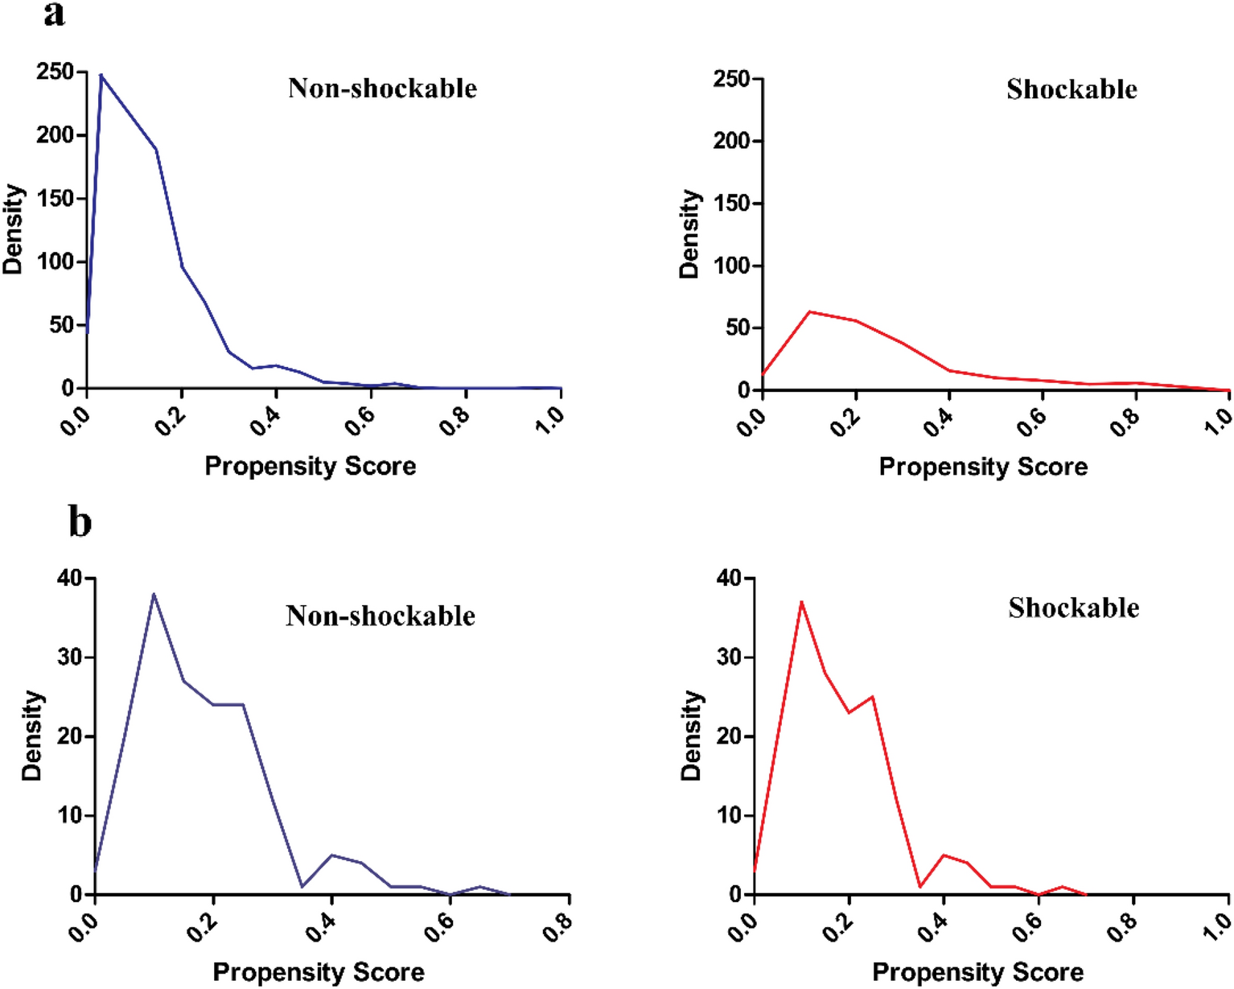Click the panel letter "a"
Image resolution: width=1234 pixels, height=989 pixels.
(x=54, y=14)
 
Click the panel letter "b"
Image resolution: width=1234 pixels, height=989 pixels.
(x=80, y=522)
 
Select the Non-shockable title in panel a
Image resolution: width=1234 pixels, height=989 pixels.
(x=382, y=88)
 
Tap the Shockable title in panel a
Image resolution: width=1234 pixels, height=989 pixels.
(x=1072, y=89)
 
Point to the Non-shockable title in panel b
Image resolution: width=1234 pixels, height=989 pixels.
(x=380, y=616)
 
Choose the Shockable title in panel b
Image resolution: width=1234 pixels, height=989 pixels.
(x=1073, y=608)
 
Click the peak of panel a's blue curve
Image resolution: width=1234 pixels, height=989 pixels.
(x=101, y=75)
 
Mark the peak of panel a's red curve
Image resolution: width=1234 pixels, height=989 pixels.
(x=809, y=311)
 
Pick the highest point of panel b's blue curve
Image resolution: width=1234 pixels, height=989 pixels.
(x=154, y=594)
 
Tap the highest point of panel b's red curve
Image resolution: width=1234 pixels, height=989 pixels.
(x=801, y=601)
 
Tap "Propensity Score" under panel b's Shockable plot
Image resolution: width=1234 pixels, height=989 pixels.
(x=977, y=972)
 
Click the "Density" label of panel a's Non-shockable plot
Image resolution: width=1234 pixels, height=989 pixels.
(x=14, y=229)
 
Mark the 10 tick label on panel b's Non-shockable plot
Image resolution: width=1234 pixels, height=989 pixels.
(x=71, y=815)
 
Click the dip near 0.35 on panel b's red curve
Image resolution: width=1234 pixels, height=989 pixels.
(x=919, y=886)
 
